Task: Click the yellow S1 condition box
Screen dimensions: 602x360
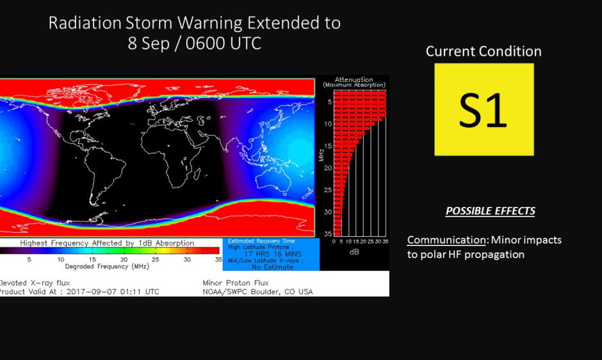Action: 484,110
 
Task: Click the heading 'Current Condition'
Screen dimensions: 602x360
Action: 484,51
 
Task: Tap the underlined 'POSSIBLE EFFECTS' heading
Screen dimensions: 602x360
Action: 491,211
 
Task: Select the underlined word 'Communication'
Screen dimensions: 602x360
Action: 446,240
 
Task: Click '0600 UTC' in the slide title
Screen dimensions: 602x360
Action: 223,43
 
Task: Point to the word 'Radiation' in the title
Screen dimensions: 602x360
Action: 85,23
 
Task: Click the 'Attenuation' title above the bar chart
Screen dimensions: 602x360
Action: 354,79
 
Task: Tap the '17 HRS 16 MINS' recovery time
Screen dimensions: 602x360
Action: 273,254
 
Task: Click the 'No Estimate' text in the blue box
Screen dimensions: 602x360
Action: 273,267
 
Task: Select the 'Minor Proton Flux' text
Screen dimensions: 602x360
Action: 236,282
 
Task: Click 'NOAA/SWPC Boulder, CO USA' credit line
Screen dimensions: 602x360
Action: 257,291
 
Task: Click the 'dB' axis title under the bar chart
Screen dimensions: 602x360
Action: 354,252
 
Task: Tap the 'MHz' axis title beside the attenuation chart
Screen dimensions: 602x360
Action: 321,155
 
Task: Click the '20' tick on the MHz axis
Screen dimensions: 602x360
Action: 327,168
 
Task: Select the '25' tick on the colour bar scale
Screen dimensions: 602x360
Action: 155,259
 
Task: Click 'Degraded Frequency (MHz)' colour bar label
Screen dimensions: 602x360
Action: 107,266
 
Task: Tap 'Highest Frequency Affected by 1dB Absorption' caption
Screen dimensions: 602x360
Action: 107,243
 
